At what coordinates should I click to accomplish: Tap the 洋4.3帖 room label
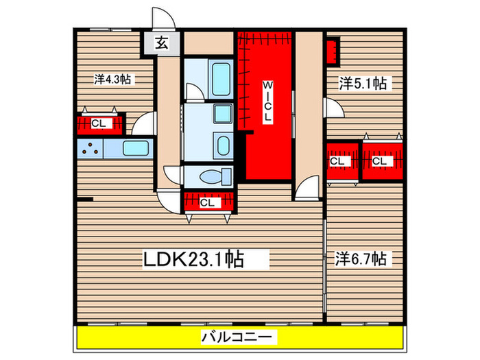[113, 80]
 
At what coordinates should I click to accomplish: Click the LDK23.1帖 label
[194, 259]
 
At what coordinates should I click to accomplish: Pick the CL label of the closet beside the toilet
[208, 202]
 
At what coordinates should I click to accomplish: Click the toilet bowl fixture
[209, 177]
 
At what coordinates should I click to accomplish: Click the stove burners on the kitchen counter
[90, 147]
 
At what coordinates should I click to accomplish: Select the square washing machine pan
[222, 115]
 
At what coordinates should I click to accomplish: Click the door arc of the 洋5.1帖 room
[334, 108]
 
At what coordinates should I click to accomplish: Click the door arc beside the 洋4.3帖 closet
[145, 123]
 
